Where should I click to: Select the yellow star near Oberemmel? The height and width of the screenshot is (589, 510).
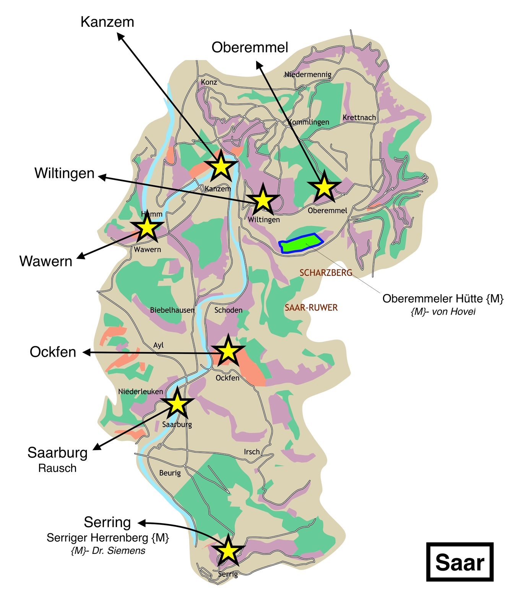pos(324,187)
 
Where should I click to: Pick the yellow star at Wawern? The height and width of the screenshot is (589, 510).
pos(147,228)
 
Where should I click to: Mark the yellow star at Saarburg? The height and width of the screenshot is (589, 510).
pos(177,403)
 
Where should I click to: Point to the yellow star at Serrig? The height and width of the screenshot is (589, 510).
pos(228,551)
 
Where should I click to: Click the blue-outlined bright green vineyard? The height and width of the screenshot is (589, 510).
pos(301,243)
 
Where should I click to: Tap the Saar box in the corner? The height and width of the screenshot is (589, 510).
pos(460,562)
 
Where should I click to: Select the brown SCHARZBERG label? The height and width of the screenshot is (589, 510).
pos(326,273)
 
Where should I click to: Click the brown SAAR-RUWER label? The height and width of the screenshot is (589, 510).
pos(311,308)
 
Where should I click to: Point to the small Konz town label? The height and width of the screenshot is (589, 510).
pos(209,82)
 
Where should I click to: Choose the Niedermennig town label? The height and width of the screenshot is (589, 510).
pos(308,74)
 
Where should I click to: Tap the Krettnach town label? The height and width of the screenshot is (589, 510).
pos(359,118)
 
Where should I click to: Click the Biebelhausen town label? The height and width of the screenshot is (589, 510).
pos(172,310)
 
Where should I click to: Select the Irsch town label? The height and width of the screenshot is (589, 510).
pos(252,452)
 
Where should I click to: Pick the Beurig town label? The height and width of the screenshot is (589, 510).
pos(170,473)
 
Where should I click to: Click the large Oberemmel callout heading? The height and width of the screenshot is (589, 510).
pos(250,47)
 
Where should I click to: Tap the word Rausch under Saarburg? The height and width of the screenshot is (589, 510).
pos(57,468)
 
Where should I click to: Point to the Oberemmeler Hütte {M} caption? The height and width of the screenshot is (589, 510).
pos(443,299)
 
